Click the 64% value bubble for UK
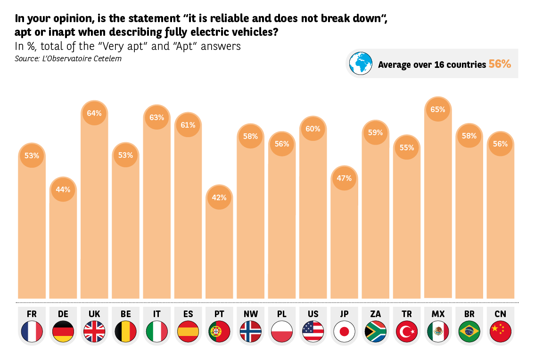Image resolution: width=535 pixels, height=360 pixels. coord(94,113)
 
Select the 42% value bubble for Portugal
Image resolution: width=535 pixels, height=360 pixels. coord(219,197)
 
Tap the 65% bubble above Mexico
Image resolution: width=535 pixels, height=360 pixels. coord(438,109)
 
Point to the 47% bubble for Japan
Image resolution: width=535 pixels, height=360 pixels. coord(344,178)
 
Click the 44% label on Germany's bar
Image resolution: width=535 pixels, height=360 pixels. coord(63,189)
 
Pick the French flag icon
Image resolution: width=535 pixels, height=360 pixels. coord(32,331)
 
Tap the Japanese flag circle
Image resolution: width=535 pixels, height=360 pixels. coord(344,331)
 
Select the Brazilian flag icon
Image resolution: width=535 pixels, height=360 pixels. coord(469,331)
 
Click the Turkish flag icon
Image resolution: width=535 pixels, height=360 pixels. coord(407,331)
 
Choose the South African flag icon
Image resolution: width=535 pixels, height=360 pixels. coord(376,331)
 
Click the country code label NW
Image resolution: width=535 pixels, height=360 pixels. coord(250,314)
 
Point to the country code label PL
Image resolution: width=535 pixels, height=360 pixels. coord(281,314)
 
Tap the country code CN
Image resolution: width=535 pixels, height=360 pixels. coord(500,314)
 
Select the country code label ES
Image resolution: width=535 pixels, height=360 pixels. coord(188,314)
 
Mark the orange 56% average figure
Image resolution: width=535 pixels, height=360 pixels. coord(500,64)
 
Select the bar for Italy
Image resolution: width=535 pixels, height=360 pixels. coord(156,212)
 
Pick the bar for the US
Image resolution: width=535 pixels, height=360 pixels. coord(313,217)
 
